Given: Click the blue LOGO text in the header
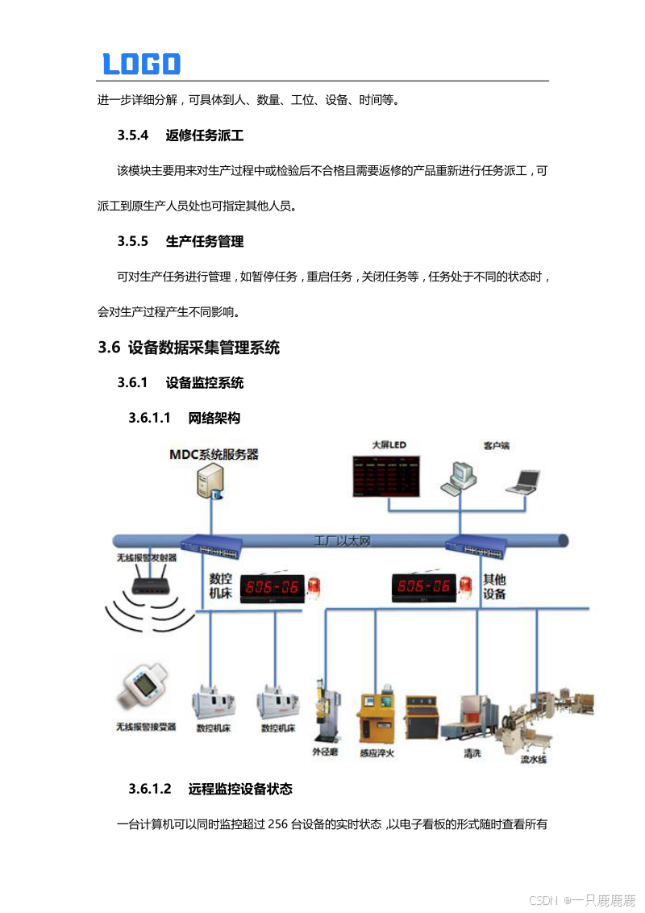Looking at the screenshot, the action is tap(141, 64).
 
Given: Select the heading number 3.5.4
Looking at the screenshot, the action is tap(133, 135).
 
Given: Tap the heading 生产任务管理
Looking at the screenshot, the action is tap(205, 241).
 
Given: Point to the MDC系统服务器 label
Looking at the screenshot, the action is tap(214, 455).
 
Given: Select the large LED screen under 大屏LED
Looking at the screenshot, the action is tap(386, 476).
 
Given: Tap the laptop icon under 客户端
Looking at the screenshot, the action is tap(522, 481).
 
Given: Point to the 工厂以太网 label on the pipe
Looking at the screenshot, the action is tap(342, 540).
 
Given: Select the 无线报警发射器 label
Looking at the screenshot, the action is tap(147, 557).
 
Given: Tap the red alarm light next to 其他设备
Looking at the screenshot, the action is tap(465, 584).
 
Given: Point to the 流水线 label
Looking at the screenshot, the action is tap(533, 758).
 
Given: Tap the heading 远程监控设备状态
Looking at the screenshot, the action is tap(240, 788).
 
